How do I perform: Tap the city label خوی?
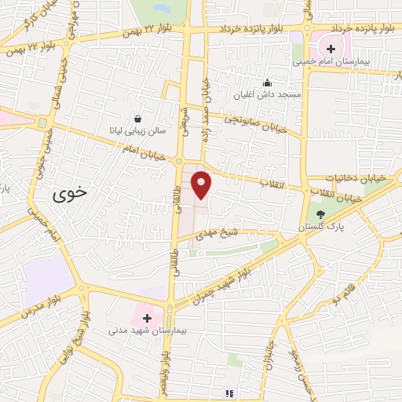(70, 195)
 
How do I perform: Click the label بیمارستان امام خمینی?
(331, 60)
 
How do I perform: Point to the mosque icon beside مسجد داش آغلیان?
(267, 82)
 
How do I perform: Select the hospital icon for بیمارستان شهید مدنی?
(147, 318)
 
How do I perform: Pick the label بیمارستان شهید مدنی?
(147, 332)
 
